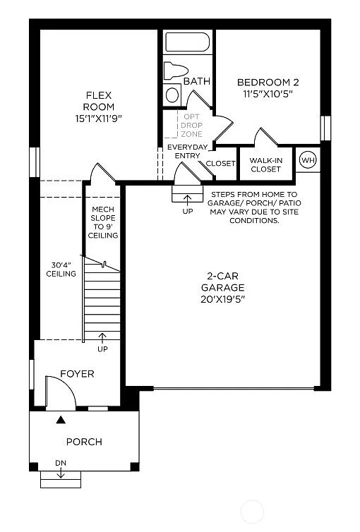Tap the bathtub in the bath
click(x=187, y=42)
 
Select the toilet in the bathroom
click(x=174, y=71)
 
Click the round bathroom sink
click(x=172, y=95)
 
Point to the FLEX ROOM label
click(x=100, y=101)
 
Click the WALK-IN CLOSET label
click(x=265, y=164)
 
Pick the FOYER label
click(x=76, y=374)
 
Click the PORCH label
click(x=84, y=442)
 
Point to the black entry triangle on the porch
click(x=61, y=421)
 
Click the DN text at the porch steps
click(x=61, y=464)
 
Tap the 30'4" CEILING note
click(x=61, y=270)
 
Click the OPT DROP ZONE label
click(x=191, y=126)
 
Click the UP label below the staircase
click(x=103, y=349)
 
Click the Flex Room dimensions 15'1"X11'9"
click(x=100, y=119)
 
